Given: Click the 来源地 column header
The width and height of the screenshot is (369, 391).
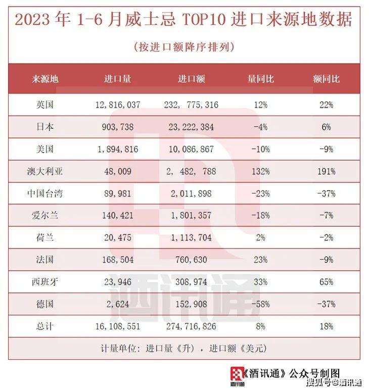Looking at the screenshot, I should click(45, 79).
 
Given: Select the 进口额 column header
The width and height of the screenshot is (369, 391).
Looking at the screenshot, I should click(191, 79).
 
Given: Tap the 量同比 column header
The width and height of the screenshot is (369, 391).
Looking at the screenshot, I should click(261, 79).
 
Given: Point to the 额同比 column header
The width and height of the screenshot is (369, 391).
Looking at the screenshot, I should click(326, 79).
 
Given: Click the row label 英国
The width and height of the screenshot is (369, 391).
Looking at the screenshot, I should click(45, 105).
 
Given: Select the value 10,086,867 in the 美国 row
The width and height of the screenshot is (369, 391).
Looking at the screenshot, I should click(191, 150).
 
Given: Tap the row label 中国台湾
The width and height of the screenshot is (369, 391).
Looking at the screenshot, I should click(45, 193).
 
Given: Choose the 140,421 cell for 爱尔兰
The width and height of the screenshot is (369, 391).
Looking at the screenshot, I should click(117, 216).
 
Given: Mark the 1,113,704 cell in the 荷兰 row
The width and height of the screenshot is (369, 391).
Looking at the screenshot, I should click(191, 238).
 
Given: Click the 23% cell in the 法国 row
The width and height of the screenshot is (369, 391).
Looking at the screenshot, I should click(261, 260).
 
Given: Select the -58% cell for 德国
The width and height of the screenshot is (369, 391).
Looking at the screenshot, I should click(261, 304).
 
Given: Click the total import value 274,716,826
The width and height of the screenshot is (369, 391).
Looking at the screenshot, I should click(191, 326).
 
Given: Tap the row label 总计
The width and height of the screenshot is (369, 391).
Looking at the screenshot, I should click(45, 326).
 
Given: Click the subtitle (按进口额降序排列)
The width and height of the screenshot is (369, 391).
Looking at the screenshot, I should click(184, 47).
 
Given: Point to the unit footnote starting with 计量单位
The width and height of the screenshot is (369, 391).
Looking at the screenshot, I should click(184, 348).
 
